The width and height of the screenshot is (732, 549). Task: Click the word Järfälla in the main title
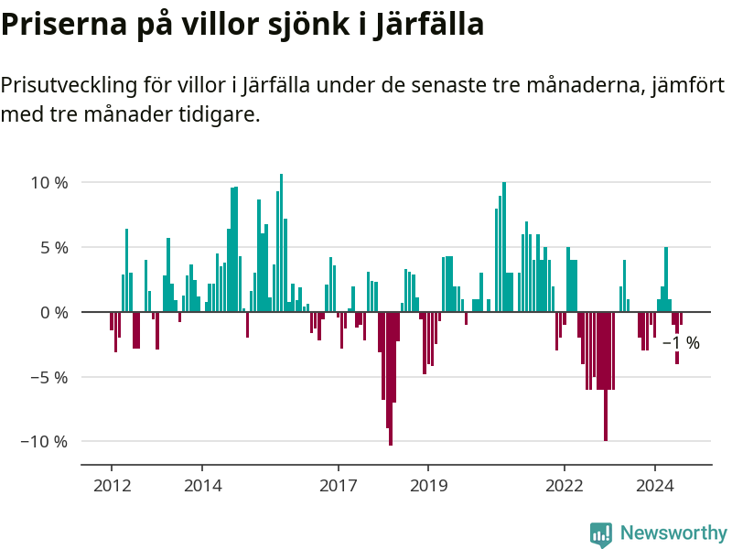pyautogui.click(x=430, y=25)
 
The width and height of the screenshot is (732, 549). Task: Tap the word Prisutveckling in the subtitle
pyautogui.click(x=69, y=86)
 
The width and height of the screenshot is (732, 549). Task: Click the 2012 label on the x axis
pyautogui.click(x=112, y=485)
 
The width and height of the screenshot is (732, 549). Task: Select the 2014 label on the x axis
pyautogui.click(x=202, y=485)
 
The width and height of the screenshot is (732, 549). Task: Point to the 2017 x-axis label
pyautogui.click(x=338, y=485)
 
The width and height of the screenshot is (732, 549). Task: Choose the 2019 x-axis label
pyautogui.click(x=428, y=485)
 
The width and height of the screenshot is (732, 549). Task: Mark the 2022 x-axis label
pyautogui.click(x=564, y=485)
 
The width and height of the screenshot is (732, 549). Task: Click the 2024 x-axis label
pyautogui.click(x=654, y=485)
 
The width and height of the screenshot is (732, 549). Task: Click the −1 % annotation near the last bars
pyautogui.click(x=682, y=344)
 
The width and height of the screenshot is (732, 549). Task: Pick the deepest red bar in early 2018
pyautogui.click(x=391, y=379)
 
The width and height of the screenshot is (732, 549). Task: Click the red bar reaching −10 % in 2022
pyautogui.click(x=605, y=376)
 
